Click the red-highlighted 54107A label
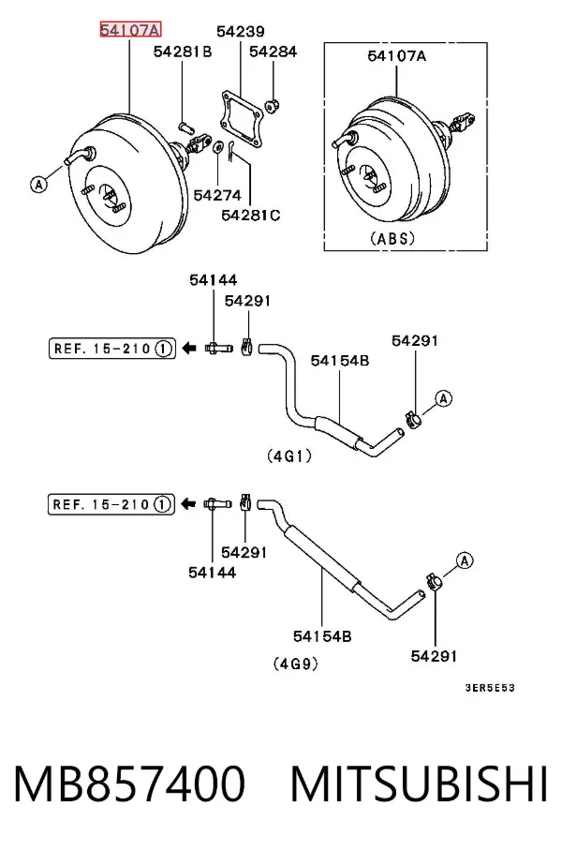130,30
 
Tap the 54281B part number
183,52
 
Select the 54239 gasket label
241,32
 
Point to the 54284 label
273,52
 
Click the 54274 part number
217,195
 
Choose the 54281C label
251,215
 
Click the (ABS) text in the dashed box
392,238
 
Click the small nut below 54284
272,105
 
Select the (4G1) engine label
289,456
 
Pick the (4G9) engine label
296,664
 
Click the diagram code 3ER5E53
490,688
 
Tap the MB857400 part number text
129,784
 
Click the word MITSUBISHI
420,784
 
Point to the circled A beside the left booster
38,185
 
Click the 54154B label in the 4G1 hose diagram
340,361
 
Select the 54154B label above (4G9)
322,635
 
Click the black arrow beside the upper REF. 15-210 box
188,348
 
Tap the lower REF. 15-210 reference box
111,504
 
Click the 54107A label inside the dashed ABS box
396,55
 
